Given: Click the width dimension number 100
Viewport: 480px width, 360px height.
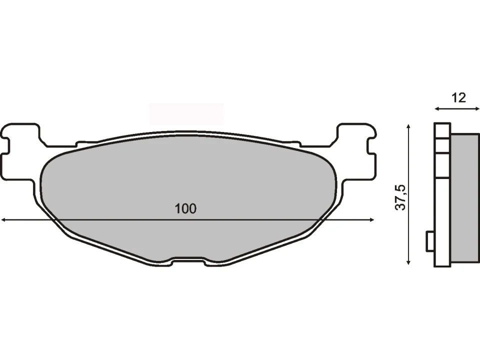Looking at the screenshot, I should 185,209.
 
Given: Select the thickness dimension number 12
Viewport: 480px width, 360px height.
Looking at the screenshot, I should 458,97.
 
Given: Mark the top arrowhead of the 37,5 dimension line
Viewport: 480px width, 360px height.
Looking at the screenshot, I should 409,126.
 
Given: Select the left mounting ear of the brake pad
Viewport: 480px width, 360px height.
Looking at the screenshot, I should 20,150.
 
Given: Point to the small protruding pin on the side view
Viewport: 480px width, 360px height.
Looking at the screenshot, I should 429,242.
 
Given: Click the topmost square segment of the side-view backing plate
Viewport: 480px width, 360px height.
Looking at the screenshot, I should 442,131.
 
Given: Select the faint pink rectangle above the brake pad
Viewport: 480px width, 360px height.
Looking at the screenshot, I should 186,114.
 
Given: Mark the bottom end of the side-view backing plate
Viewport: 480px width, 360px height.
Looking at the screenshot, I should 442,263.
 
